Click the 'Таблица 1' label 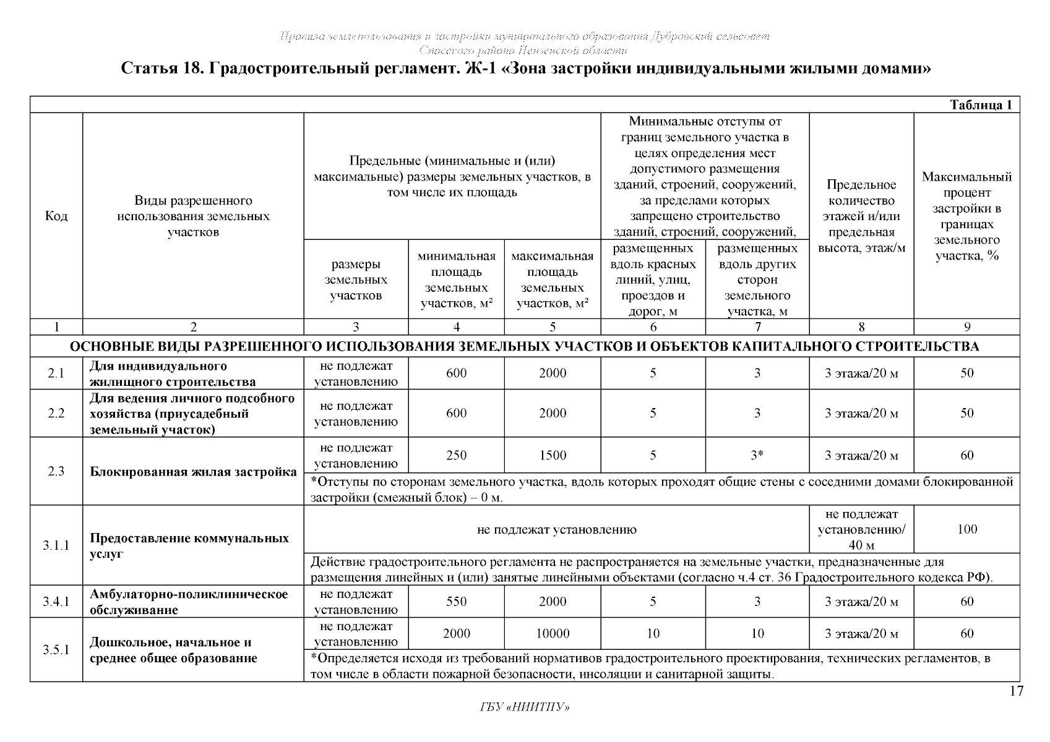980,105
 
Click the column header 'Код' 56,216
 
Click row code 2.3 56,471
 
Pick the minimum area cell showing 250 456,456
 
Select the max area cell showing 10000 552,634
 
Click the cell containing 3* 757,456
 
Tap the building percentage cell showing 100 966,529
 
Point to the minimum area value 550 456,602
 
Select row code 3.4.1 56,602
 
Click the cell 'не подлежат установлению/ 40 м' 861,530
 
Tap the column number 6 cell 653,327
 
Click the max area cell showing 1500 552,456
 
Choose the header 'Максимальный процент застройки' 966,216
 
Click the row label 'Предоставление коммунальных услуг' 189,545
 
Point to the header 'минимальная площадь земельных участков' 456,279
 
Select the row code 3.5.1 56,650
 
